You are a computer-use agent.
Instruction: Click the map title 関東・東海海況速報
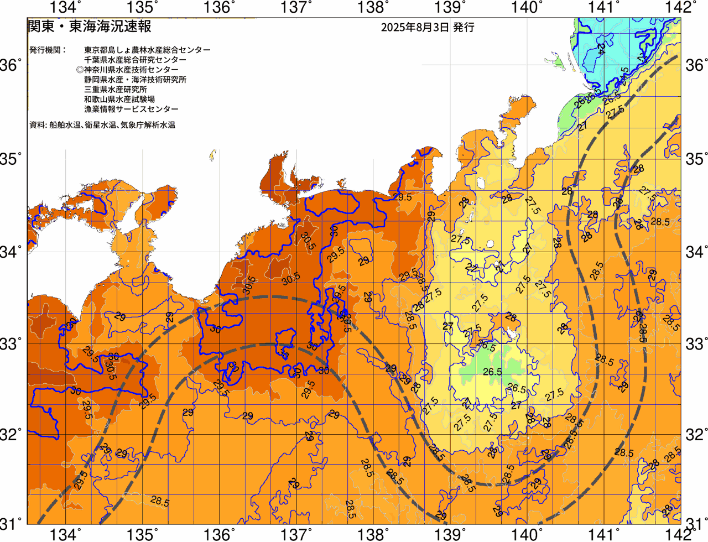coord(89,26)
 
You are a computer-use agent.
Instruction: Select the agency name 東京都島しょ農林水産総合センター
coord(147,50)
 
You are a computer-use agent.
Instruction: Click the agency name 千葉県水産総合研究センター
coord(135,60)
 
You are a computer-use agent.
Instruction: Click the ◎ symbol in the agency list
coord(80,70)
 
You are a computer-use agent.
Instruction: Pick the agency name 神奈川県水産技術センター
coord(131,70)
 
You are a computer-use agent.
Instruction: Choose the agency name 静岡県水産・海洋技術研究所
coord(135,80)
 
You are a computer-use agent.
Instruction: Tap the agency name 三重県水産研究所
coord(116,90)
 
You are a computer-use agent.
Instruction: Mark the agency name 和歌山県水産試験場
coord(119,100)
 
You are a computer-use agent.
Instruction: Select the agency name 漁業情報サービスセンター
coord(131,110)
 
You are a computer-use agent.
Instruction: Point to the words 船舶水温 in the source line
coord(65,125)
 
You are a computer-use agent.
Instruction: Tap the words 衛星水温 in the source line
coord(100,125)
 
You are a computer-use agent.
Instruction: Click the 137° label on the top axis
coord(296,8)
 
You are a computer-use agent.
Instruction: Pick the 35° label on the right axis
coord(695,159)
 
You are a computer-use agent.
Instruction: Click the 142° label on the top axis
coord(683,8)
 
